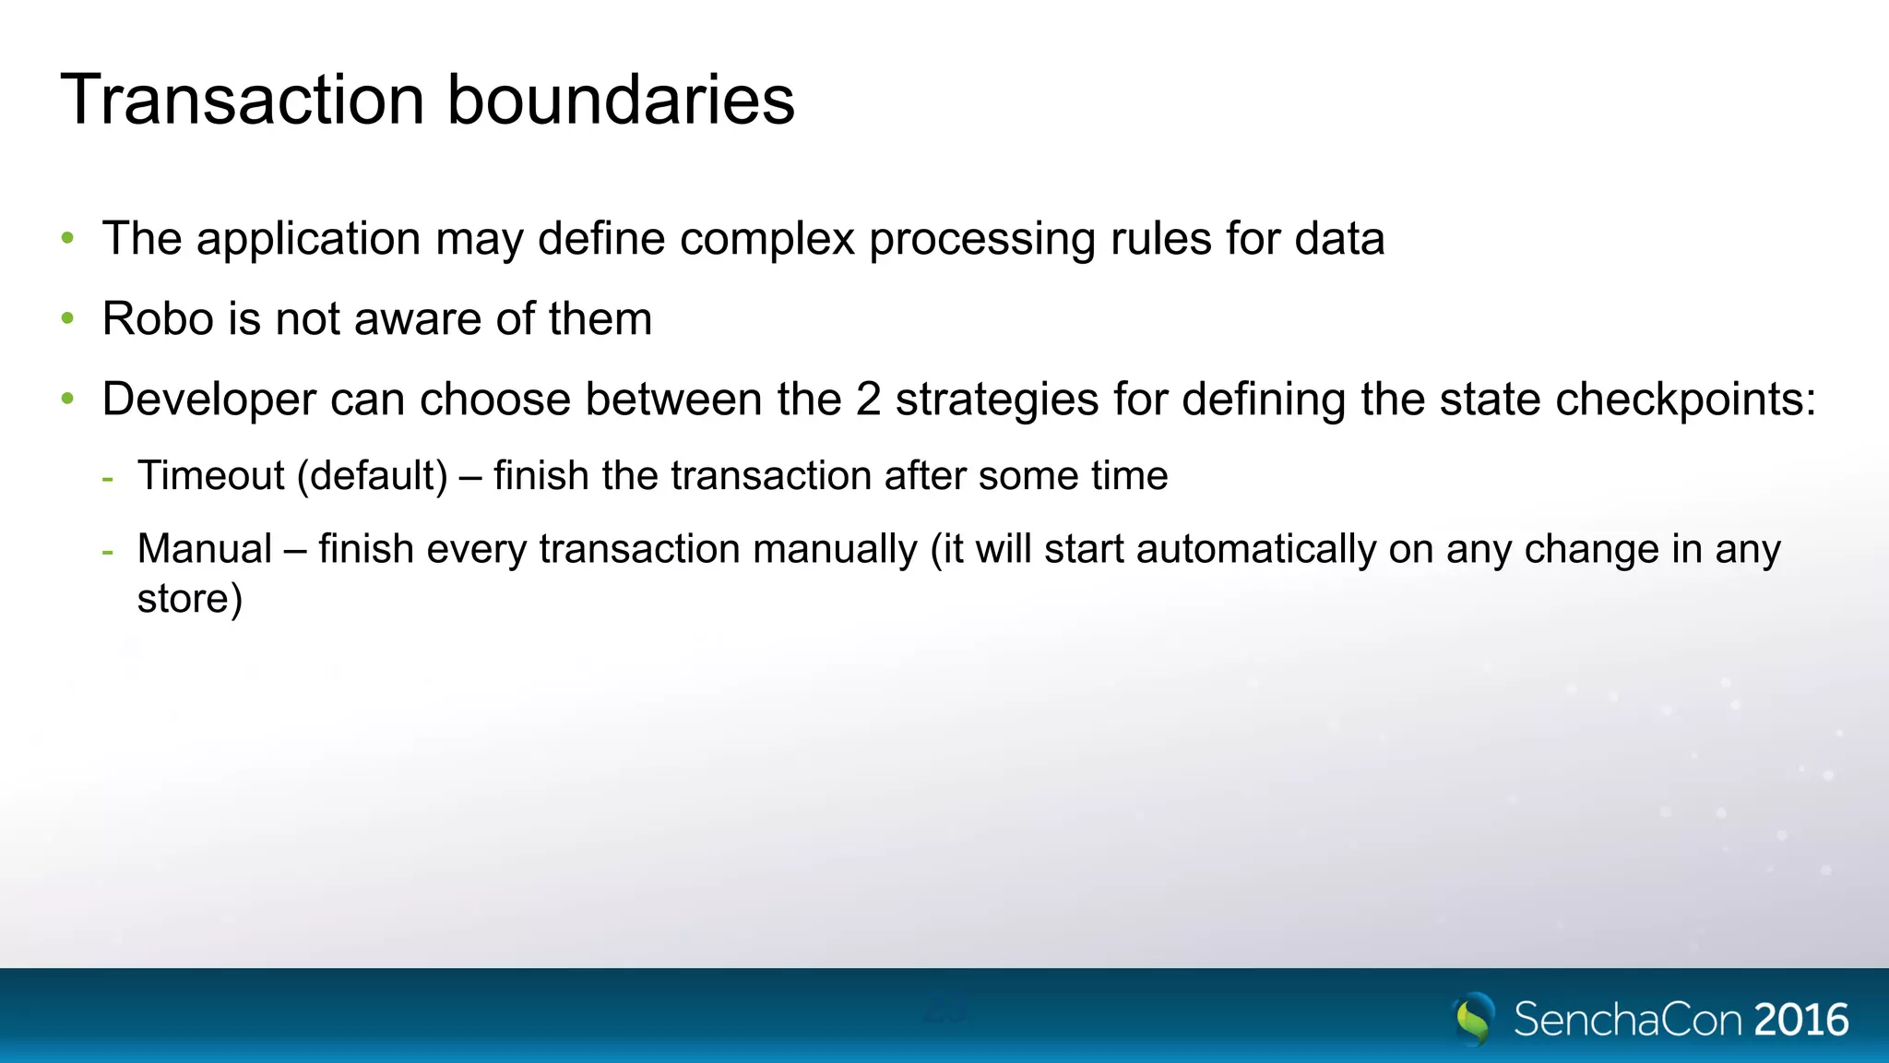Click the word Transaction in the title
(x=242, y=100)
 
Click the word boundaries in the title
(x=621, y=100)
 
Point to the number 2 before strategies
(x=868, y=400)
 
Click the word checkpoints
(x=1684, y=400)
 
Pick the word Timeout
(x=211, y=476)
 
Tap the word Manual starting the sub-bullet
(x=205, y=549)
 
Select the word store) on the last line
(x=190, y=599)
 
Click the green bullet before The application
(x=67, y=239)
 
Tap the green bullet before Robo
(x=67, y=319)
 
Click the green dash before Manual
(x=109, y=552)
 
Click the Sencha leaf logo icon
(x=1474, y=1018)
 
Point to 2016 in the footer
(x=1801, y=1020)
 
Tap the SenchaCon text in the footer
(x=1628, y=1020)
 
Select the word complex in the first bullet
(x=767, y=239)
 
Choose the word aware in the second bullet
(x=418, y=319)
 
